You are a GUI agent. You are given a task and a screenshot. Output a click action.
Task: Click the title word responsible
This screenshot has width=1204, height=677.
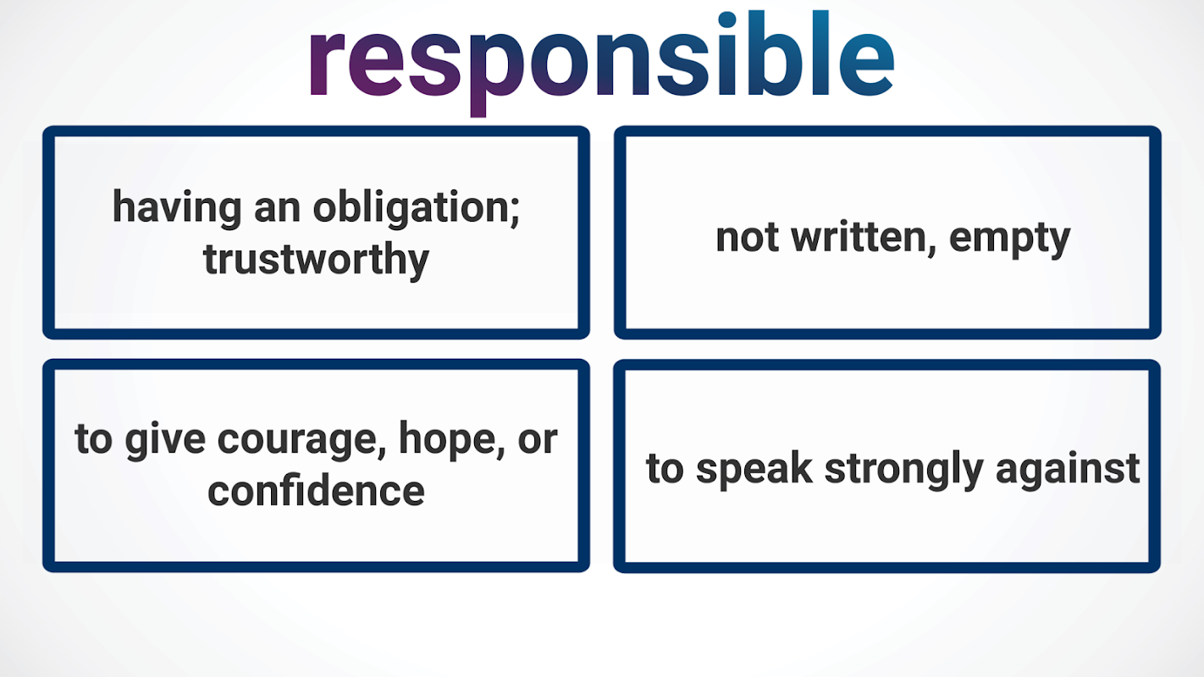pyautogui.click(x=602, y=62)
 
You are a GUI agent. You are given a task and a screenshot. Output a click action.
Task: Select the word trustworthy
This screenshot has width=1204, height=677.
pyautogui.click(x=316, y=260)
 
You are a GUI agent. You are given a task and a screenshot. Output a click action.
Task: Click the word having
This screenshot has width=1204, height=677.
pyautogui.click(x=177, y=208)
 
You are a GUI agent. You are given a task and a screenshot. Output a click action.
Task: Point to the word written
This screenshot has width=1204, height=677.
pyautogui.click(x=859, y=237)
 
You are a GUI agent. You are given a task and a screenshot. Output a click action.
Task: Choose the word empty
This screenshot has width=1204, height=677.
pyautogui.click(x=1010, y=239)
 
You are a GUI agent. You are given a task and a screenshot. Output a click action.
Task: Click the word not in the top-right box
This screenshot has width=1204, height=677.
pyautogui.click(x=747, y=238)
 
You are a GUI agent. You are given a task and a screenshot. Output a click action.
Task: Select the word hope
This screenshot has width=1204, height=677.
pyautogui.click(x=448, y=439)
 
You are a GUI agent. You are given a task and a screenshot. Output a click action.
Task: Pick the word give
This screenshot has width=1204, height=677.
pyautogui.click(x=166, y=440)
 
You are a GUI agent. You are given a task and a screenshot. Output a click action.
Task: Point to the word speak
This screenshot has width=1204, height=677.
pyautogui.click(x=754, y=469)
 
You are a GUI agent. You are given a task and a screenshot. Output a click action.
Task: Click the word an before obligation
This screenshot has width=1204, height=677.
pyautogui.click(x=278, y=210)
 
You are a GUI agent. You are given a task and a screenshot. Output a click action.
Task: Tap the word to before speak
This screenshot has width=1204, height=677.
pyautogui.click(x=665, y=469)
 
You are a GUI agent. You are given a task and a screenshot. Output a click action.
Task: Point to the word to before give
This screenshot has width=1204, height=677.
pyautogui.click(x=93, y=439)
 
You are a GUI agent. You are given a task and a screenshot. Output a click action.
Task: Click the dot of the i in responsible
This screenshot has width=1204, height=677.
pyautogui.click(x=726, y=19)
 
